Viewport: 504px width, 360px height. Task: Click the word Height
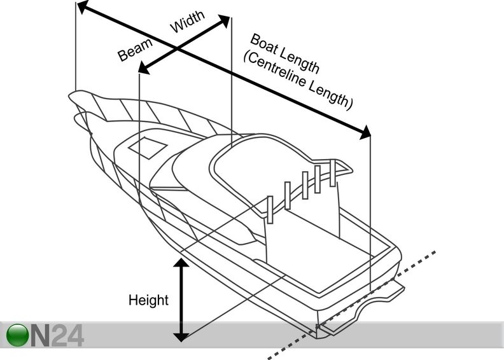pyautogui.click(x=148, y=300)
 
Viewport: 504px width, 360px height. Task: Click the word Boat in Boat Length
pyautogui.click(x=263, y=45)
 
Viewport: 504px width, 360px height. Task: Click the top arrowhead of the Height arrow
pyautogui.click(x=182, y=263)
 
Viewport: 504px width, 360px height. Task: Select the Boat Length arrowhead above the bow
pyautogui.click(x=82, y=7)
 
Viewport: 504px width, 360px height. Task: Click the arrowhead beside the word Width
pyautogui.click(x=225, y=20)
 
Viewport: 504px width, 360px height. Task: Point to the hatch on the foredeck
pyautogui.click(x=147, y=148)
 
